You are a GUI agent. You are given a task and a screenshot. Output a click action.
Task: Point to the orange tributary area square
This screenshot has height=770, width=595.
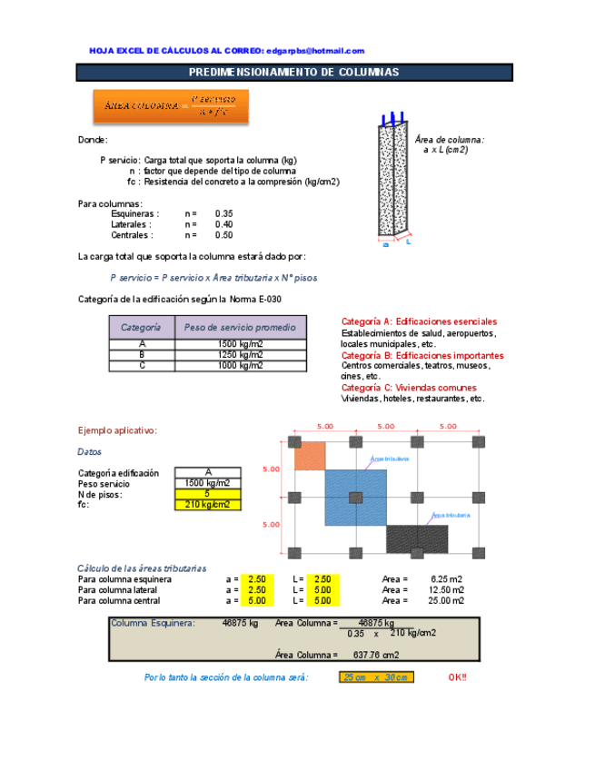pyautogui.click(x=310, y=456)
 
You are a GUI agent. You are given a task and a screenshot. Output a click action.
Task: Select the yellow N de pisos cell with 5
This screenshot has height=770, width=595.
pyautogui.click(x=207, y=494)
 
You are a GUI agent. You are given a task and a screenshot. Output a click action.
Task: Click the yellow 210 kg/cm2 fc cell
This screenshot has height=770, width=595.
pyautogui.click(x=207, y=505)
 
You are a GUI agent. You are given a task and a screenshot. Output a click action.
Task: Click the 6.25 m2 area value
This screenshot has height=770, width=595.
pyautogui.click(x=446, y=578)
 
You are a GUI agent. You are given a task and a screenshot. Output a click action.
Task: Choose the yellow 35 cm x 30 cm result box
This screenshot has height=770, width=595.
pyautogui.click(x=377, y=677)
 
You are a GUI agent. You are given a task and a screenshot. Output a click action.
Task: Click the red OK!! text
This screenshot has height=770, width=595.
pyautogui.click(x=458, y=677)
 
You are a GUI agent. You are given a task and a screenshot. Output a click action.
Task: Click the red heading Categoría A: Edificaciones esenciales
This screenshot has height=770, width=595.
pyautogui.click(x=419, y=321)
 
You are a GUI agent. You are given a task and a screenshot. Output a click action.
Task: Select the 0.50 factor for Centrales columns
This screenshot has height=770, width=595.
pyautogui.click(x=223, y=235)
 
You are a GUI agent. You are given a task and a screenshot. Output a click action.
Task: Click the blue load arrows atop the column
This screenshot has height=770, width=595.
pyautogui.click(x=392, y=117)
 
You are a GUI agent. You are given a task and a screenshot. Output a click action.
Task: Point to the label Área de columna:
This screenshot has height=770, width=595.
pyautogui.click(x=449, y=140)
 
